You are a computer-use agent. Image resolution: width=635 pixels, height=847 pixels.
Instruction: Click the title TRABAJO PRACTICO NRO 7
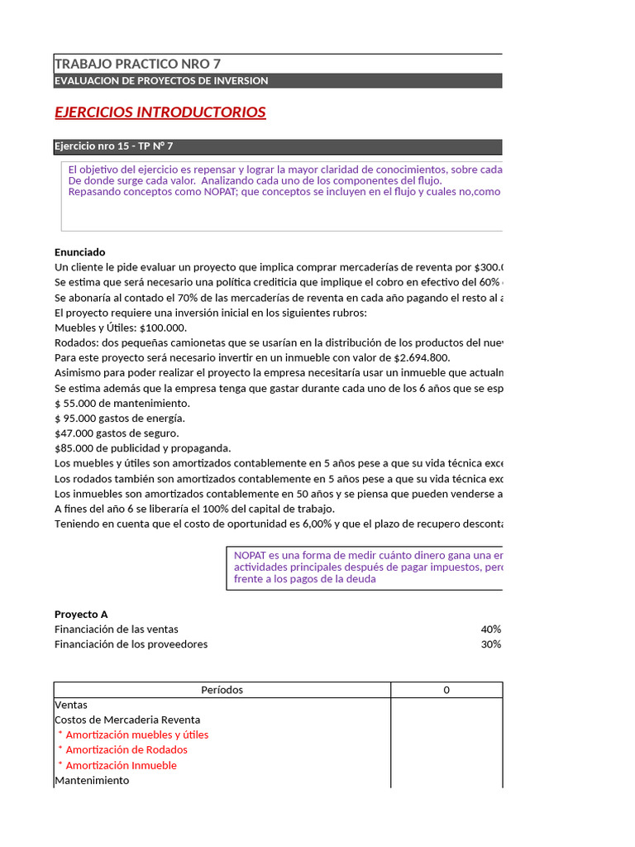(137, 64)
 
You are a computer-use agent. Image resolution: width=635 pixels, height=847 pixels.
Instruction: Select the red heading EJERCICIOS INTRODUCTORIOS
(160, 112)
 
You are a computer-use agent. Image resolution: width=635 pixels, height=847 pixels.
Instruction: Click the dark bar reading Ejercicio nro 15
(113, 146)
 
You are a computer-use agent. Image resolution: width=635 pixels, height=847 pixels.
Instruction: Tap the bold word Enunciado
(80, 252)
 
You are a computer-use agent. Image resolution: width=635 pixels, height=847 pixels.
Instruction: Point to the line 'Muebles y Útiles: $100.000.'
(121, 328)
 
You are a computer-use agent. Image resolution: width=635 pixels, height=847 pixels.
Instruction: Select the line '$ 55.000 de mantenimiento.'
(122, 403)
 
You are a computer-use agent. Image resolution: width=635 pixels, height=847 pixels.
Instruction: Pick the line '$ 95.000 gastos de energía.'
(120, 418)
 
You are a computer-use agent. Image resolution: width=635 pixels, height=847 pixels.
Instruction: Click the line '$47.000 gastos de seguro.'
(117, 433)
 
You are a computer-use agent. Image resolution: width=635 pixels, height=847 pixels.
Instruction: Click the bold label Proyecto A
(81, 615)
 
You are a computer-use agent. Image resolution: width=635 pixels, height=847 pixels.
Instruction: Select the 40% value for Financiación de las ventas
(491, 629)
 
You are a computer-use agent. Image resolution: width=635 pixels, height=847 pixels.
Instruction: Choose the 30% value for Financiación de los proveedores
(491, 644)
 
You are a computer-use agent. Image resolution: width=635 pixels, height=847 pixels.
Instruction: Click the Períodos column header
(222, 690)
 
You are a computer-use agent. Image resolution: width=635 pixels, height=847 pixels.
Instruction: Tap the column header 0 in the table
(446, 690)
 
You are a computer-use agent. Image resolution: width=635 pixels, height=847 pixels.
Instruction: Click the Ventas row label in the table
(71, 705)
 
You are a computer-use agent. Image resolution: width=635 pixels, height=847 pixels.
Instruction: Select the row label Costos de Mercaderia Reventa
(127, 720)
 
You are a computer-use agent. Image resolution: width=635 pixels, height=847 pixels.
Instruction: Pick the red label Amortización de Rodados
(127, 749)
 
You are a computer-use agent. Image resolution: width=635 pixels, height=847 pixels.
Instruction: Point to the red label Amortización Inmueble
(121, 765)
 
